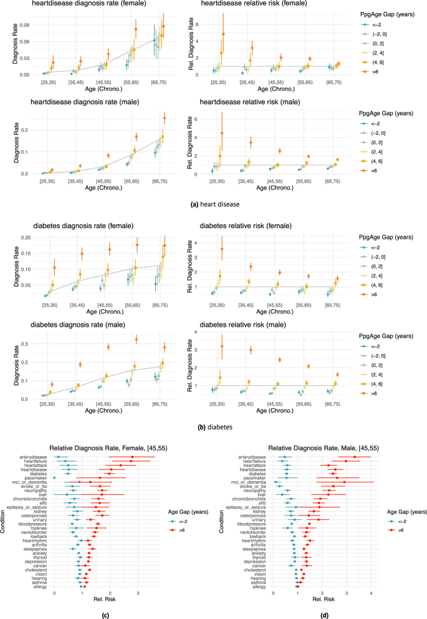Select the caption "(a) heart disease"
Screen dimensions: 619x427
pyautogui.click(x=213, y=203)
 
